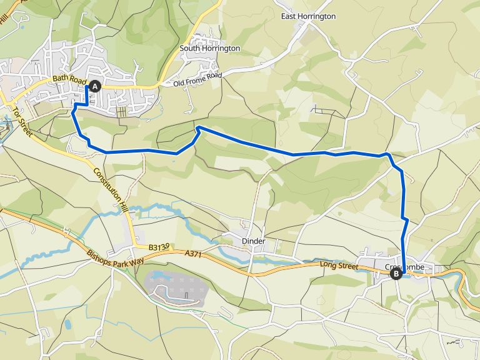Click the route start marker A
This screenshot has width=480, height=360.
click(x=95, y=87)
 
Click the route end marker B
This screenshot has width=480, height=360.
click(x=396, y=273)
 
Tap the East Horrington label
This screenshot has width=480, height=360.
click(x=308, y=16)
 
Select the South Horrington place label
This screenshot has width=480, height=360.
click(x=209, y=48)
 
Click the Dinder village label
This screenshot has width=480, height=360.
click(x=253, y=241)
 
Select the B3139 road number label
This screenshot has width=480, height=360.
click(x=160, y=247)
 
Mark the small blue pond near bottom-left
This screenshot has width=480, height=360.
click(x=67, y=324)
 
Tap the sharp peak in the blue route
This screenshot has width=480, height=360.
click(x=198, y=127)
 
